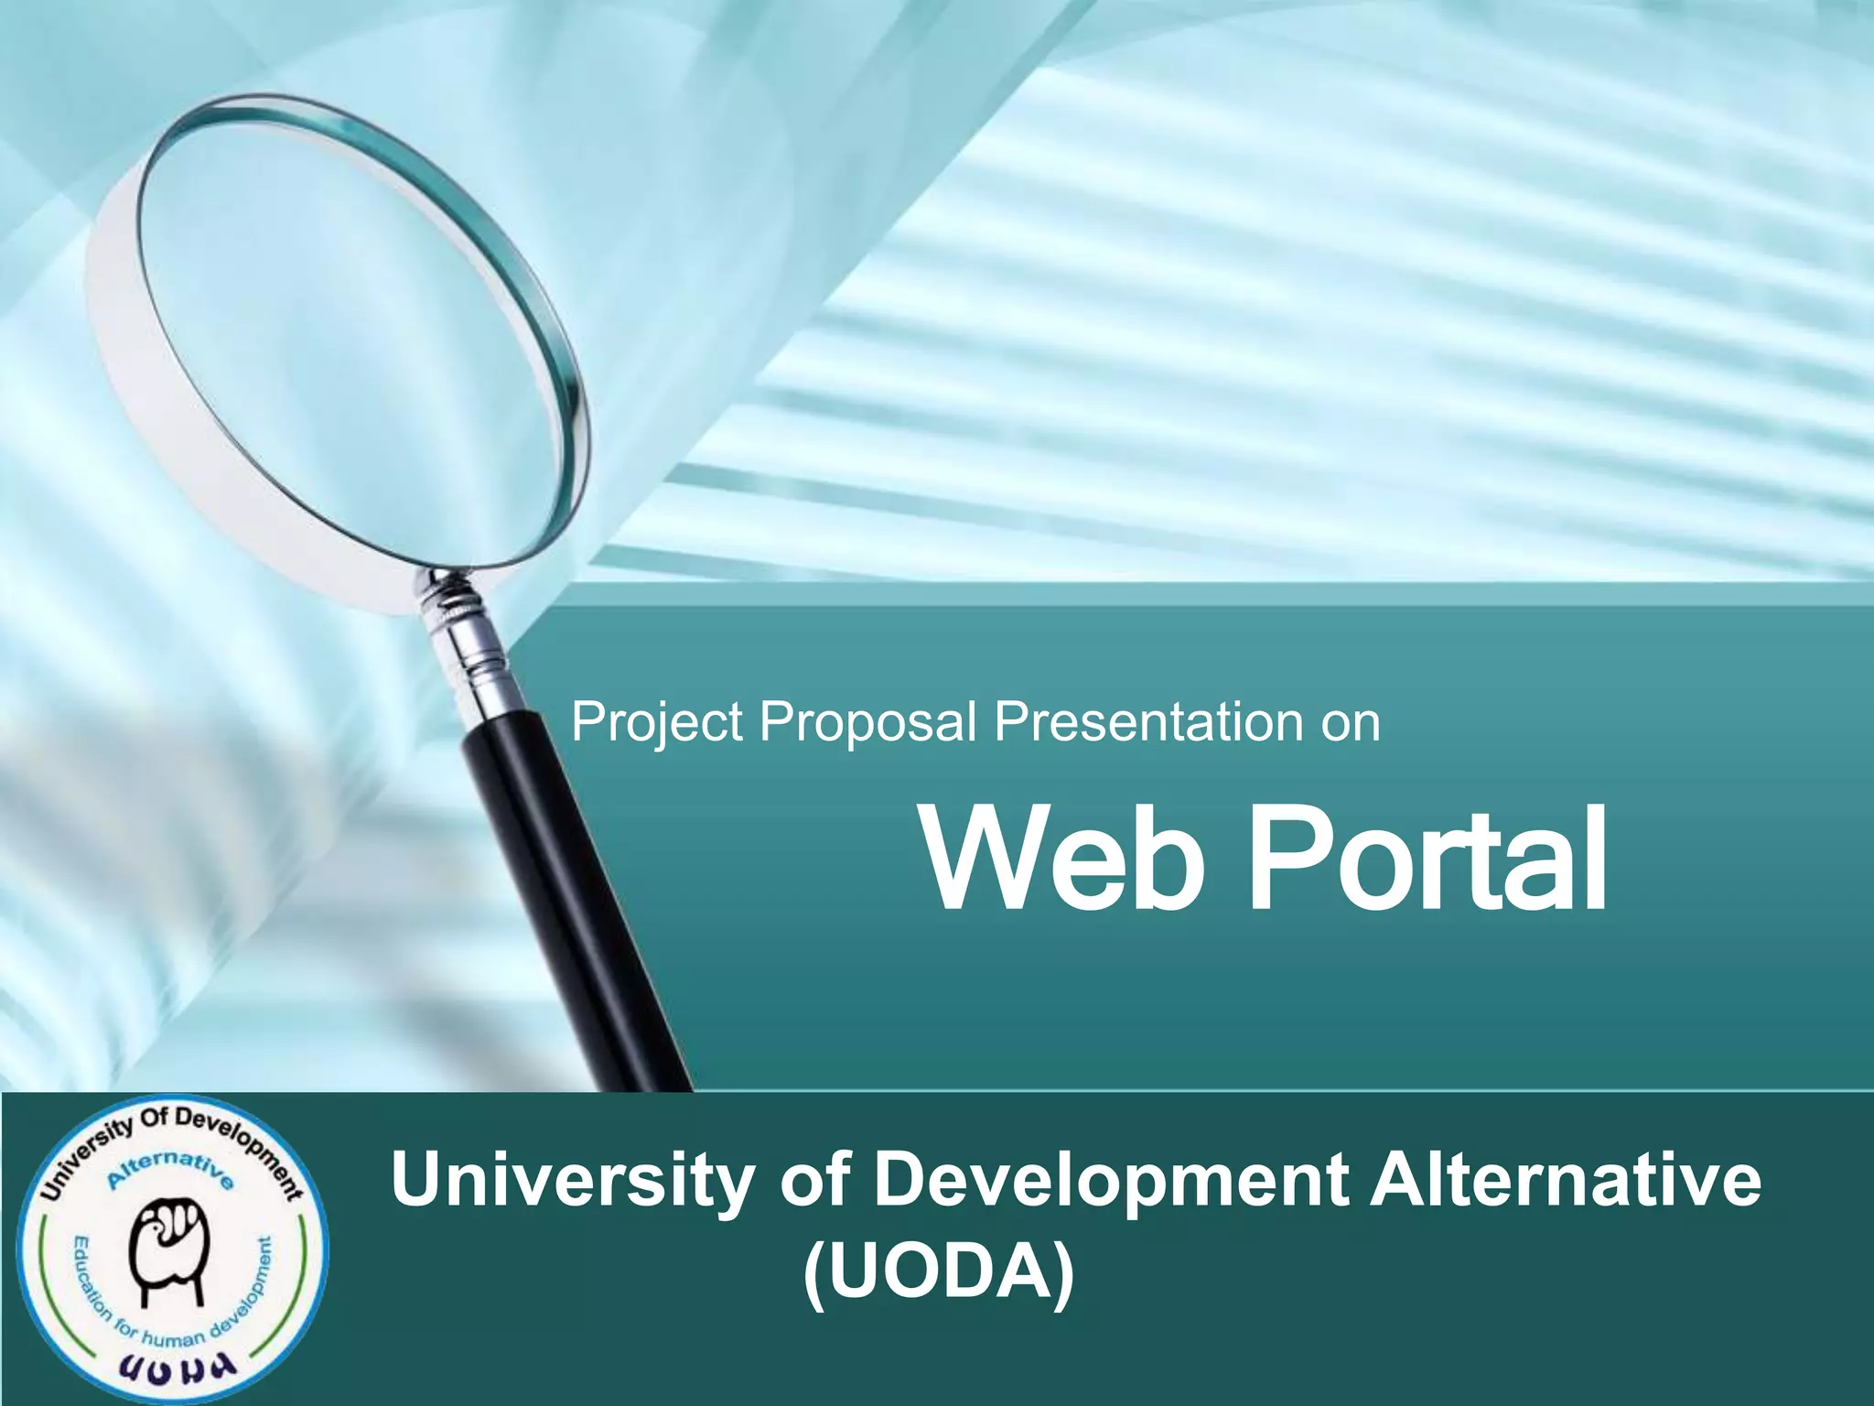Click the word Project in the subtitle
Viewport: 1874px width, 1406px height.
[x=656, y=723]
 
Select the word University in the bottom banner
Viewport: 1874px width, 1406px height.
[x=569, y=1181]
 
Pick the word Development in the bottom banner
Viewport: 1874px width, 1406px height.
[x=1109, y=1181]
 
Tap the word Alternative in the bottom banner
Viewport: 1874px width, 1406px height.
[x=1564, y=1181]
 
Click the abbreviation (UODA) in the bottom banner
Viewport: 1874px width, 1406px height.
[x=938, y=1274]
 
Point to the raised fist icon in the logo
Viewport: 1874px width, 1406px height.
[x=170, y=1252]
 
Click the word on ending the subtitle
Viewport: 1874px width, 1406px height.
[x=1350, y=723]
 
